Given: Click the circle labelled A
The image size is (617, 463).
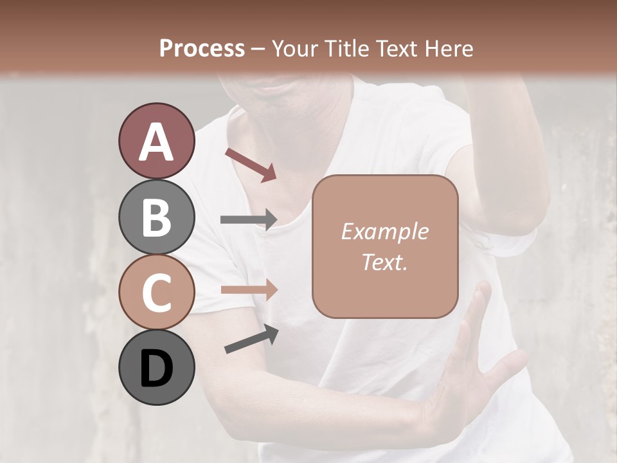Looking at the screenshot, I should [x=156, y=141].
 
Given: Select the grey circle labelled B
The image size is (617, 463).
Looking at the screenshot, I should [x=156, y=217].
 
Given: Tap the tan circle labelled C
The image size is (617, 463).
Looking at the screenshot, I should [x=156, y=293].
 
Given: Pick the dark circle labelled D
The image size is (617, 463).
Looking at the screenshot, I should [x=156, y=368].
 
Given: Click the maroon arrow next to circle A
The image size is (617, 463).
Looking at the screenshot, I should [x=250, y=164].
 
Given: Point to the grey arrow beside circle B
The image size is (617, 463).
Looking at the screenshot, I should [x=248, y=220].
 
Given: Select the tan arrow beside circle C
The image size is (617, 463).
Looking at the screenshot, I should [x=248, y=289].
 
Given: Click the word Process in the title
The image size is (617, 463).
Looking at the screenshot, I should [x=202, y=48].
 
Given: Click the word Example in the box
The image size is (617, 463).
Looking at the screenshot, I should [x=384, y=232].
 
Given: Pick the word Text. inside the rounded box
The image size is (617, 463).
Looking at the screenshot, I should [x=384, y=262].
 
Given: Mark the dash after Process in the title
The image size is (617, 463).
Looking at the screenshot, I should [x=258, y=48].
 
